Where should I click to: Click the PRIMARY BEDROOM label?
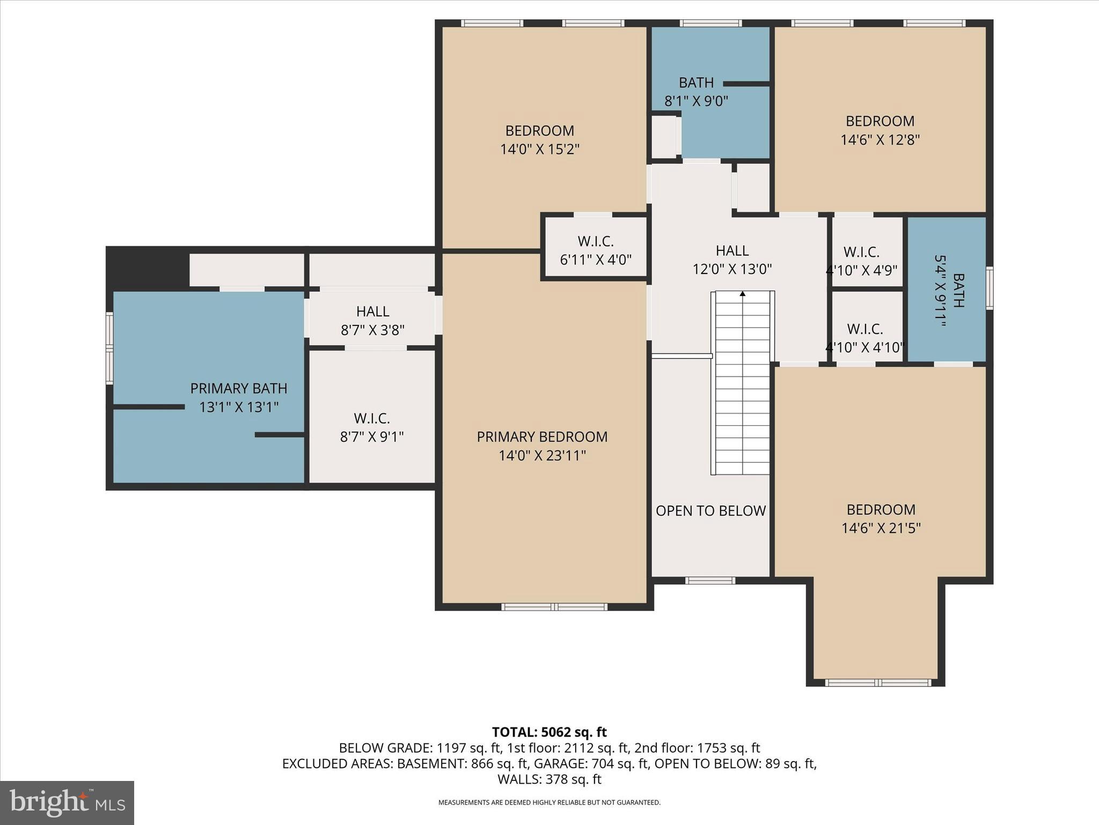[x=542, y=437]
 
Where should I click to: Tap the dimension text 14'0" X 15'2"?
[x=540, y=149]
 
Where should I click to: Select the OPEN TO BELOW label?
[x=710, y=511]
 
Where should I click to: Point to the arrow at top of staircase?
[x=743, y=294]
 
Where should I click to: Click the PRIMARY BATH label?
[x=239, y=388]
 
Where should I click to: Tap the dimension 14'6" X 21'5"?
[x=881, y=528]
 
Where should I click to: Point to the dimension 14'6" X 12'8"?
[x=880, y=140]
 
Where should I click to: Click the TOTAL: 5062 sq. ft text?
[x=549, y=732]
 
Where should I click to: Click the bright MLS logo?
[x=67, y=803]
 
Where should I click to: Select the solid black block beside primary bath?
[x=148, y=267]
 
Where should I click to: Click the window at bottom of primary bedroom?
[x=554, y=607]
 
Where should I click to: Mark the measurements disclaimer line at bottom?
[x=549, y=802]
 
